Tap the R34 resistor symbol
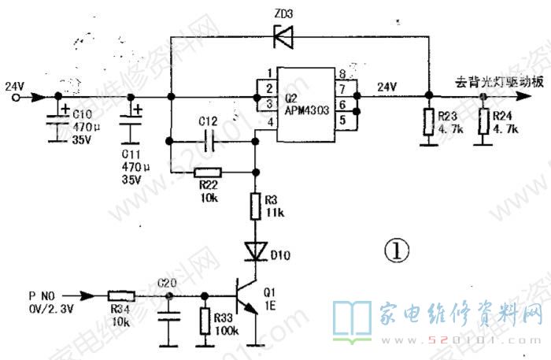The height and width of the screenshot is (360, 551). click(120, 296)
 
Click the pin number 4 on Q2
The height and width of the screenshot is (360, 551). click(271, 122)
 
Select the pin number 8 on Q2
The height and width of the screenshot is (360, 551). click(342, 75)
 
